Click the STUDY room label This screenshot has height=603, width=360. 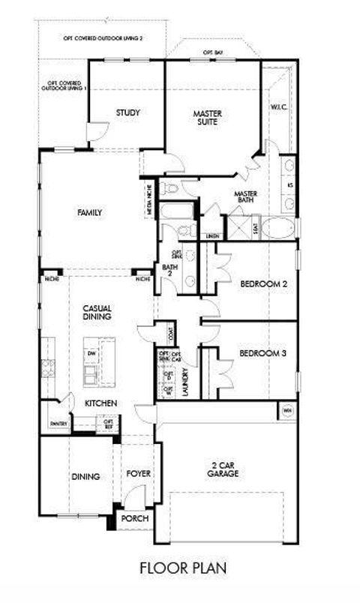[x=128, y=113]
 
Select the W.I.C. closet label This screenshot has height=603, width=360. [x=280, y=107]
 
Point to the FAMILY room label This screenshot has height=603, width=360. [x=89, y=213]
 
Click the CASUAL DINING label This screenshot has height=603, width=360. [x=97, y=312]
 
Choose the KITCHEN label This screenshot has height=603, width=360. [x=100, y=403]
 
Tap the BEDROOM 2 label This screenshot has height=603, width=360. [x=264, y=284]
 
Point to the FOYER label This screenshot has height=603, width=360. [x=138, y=474]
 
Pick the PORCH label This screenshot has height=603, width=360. [x=135, y=519]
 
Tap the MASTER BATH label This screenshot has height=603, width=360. [x=245, y=198]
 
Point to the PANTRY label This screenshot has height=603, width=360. [x=59, y=424]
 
